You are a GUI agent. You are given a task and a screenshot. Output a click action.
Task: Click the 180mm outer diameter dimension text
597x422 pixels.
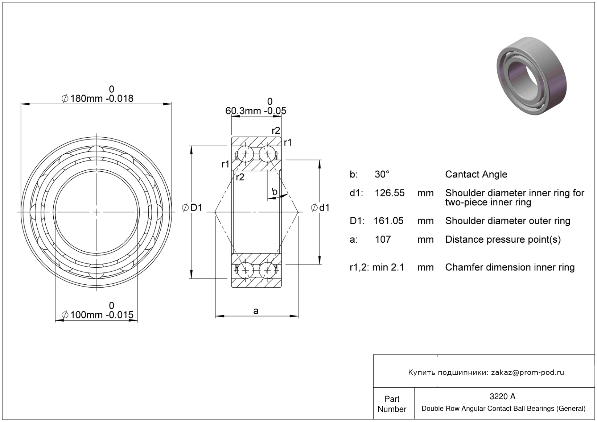(97, 98)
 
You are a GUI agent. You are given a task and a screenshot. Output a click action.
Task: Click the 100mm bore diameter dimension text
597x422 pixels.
(97, 315)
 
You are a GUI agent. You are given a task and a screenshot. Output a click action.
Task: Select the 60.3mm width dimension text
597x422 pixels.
(256, 110)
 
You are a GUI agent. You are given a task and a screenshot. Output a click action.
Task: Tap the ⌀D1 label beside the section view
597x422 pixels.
(192, 208)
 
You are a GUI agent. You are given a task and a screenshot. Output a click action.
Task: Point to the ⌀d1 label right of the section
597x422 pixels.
(320, 208)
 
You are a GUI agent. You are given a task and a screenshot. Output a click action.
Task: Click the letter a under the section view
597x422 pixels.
(256, 311)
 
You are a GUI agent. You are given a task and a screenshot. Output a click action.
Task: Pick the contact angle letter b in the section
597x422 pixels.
(275, 191)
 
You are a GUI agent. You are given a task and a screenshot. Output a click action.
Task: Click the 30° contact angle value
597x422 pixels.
(382, 174)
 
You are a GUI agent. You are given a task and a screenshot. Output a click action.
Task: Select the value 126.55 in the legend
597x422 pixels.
(390, 193)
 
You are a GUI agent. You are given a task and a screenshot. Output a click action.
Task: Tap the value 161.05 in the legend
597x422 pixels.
(388, 221)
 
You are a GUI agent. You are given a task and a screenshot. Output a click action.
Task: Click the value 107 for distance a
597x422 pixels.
(383, 239)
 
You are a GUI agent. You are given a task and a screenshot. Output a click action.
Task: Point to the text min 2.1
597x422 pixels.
(388, 267)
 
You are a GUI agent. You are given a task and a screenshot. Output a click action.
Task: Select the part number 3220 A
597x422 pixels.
(502, 396)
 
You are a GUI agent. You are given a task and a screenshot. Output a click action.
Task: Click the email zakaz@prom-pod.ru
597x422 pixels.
(527, 372)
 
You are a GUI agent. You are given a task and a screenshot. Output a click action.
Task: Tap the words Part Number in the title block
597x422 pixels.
(392, 404)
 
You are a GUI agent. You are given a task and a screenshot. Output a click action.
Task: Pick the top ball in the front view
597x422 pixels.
(96, 152)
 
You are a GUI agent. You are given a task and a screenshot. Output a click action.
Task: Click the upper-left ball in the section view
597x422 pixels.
(246, 154)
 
